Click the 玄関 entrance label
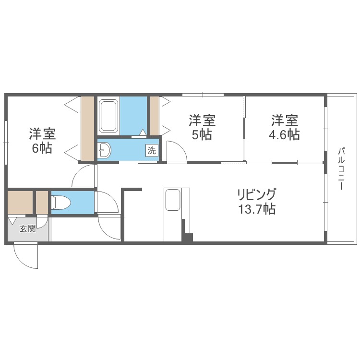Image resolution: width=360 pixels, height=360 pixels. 27,229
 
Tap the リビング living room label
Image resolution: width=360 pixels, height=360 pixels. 257,195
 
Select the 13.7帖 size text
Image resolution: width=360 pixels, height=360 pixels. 257,210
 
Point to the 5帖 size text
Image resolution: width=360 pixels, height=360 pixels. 202,135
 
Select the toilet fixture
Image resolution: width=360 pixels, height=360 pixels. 60,203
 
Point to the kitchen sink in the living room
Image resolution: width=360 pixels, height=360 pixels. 172,200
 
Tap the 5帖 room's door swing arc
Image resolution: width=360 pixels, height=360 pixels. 177,151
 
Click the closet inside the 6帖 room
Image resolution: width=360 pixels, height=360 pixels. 87,129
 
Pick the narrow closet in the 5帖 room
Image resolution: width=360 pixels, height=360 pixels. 155,116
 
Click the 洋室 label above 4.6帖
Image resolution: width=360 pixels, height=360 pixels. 284,119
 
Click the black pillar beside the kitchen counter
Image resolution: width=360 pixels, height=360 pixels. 187,236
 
